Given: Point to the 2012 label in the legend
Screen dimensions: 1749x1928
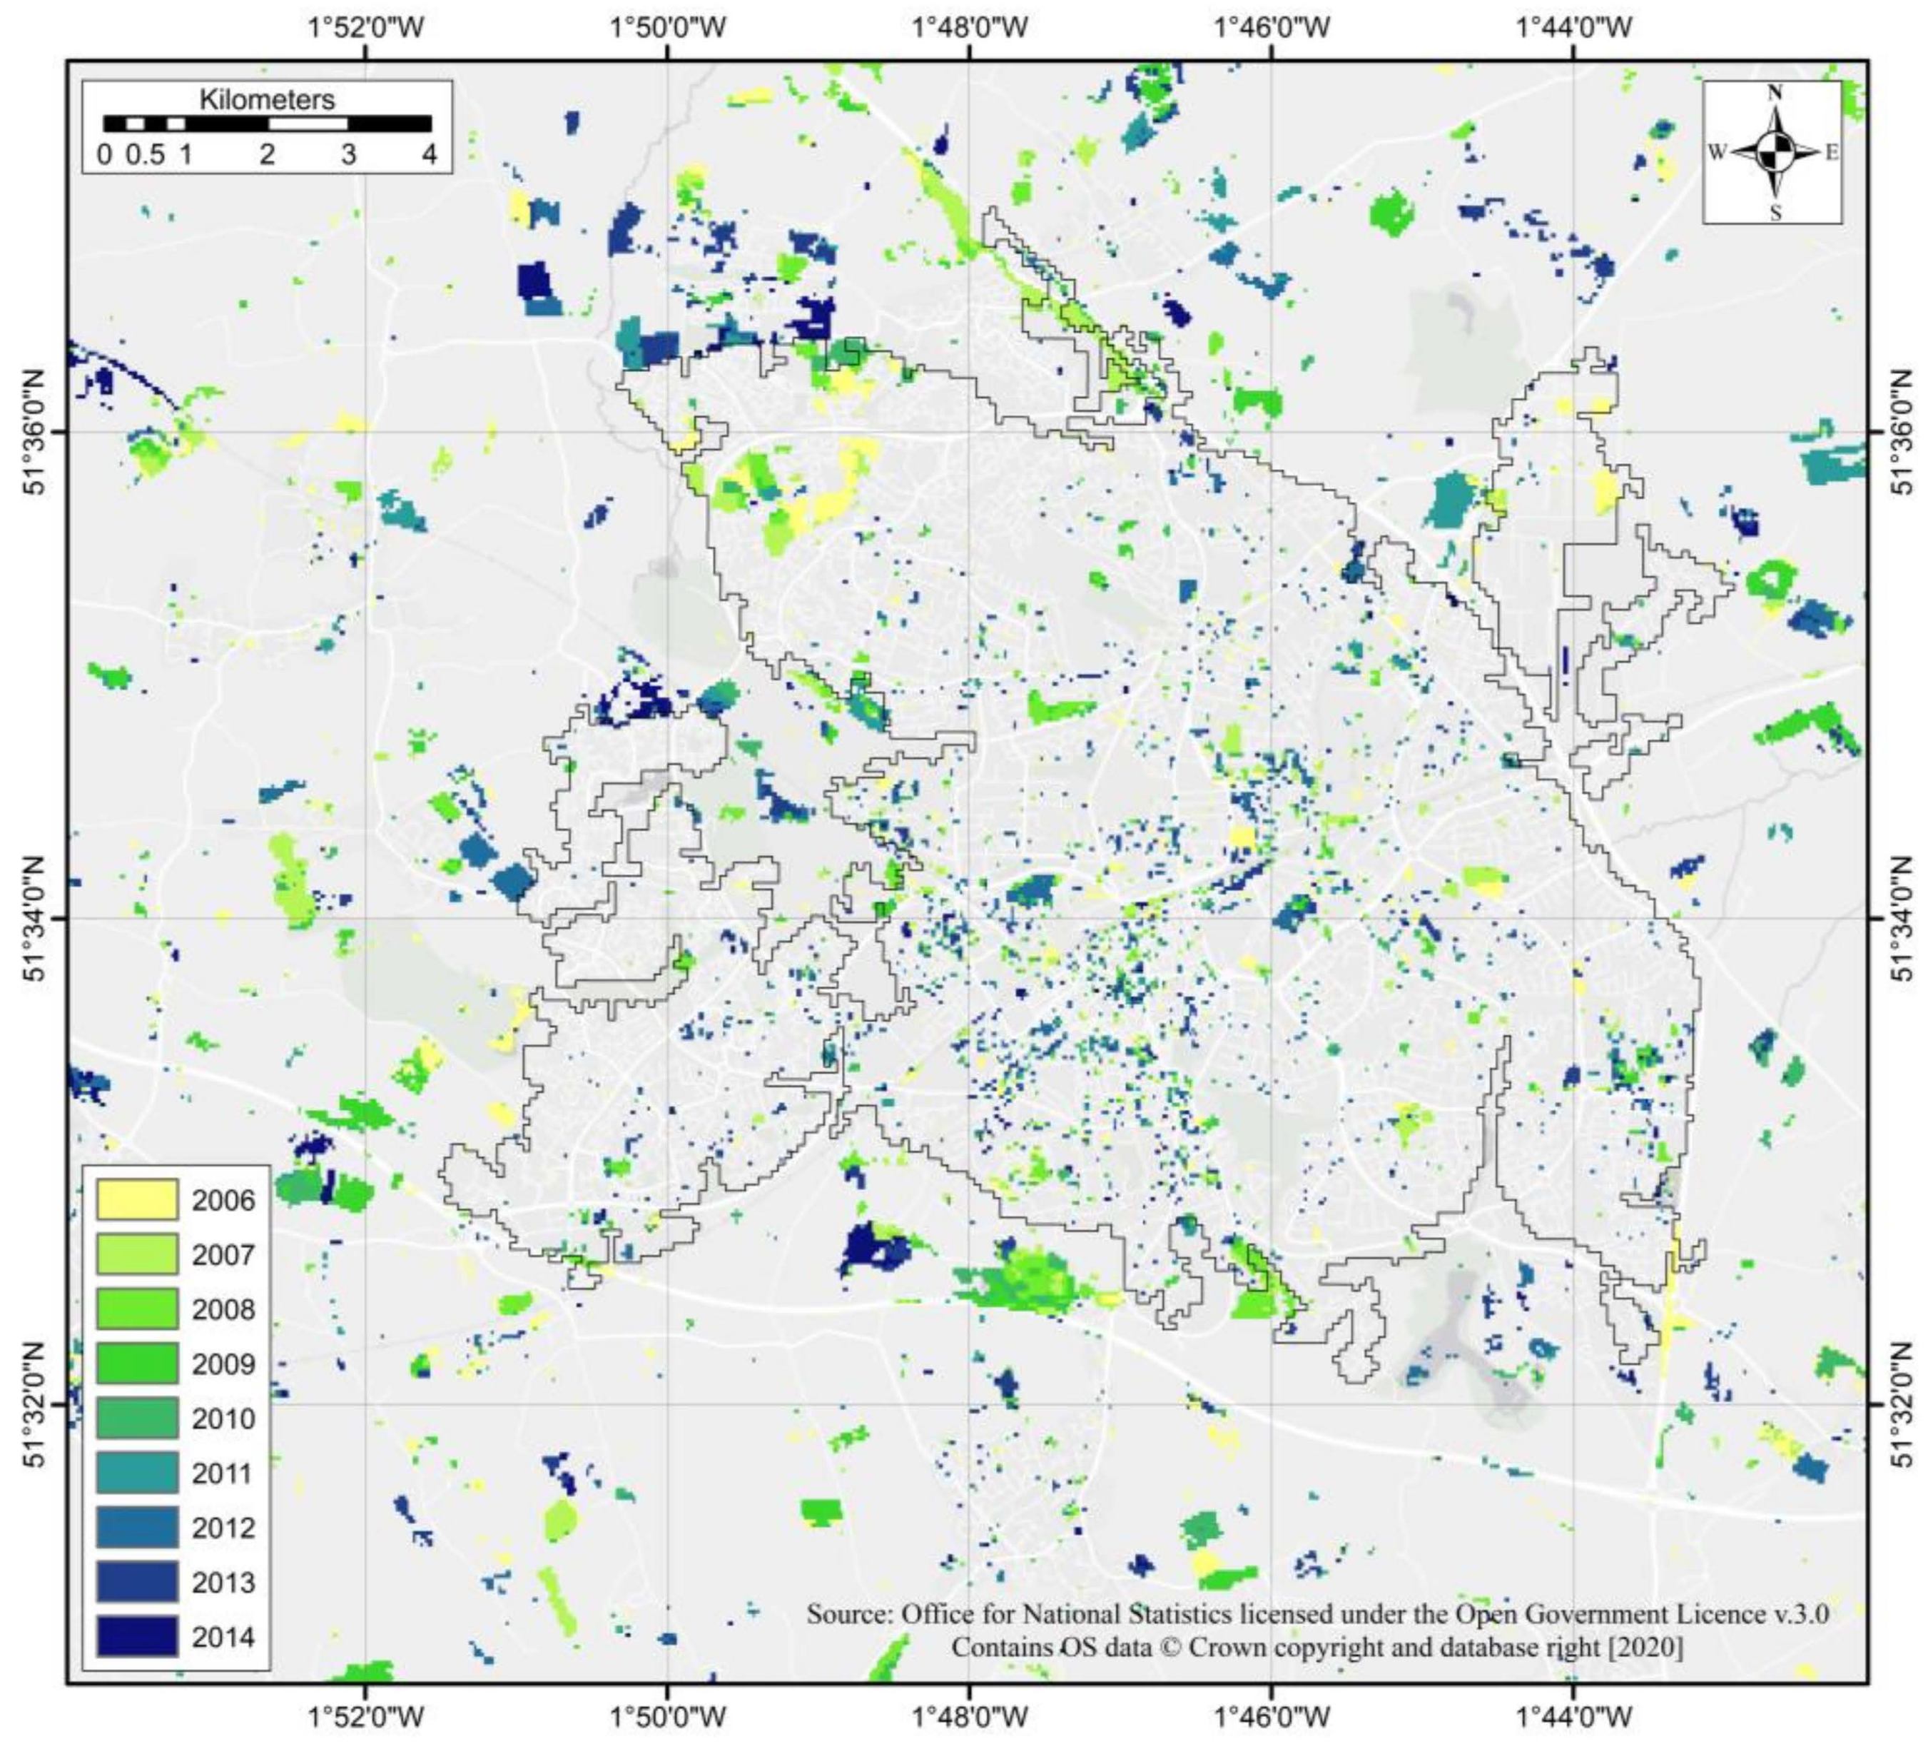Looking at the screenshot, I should (x=223, y=1528).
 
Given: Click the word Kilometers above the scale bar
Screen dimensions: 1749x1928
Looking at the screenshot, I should (x=267, y=99).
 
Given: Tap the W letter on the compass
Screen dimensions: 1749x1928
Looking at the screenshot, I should (x=1717, y=152).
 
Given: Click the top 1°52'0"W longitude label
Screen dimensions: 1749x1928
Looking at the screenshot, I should (x=366, y=27).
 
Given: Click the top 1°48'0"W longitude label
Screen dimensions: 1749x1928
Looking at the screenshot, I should (x=970, y=27).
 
